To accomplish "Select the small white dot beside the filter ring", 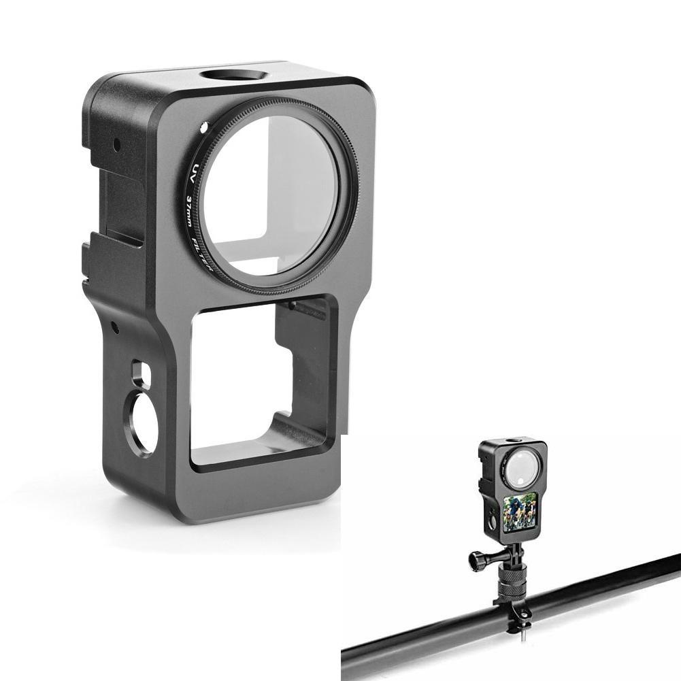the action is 202,129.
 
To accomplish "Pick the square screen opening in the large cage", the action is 263,382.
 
